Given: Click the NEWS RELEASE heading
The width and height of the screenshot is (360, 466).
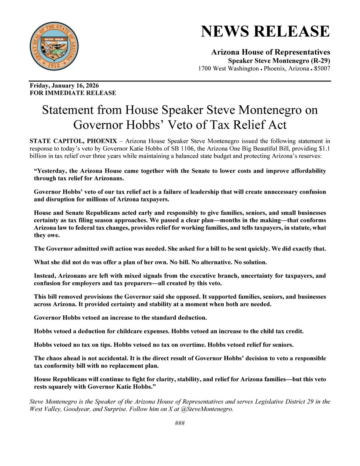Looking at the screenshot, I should pyautogui.click(x=265, y=31).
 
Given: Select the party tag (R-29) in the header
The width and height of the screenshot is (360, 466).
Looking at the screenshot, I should pyautogui.click(x=317, y=61).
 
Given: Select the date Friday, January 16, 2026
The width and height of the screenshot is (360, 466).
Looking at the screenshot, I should pyautogui.click(x=66, y=85).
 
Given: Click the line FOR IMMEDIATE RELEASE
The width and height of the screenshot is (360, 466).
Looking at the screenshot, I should pyautogui.click(x=73, y=93).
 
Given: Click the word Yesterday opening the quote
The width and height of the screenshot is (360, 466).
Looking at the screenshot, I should pyautogui.click(x=50, y=171).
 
